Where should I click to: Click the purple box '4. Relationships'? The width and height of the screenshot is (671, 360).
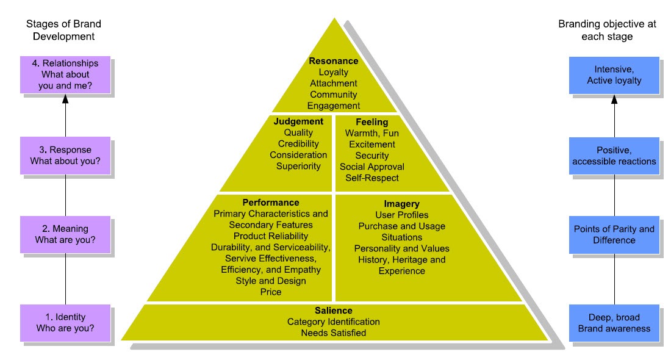coord(65,75)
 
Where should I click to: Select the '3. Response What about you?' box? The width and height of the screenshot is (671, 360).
coord(65,156)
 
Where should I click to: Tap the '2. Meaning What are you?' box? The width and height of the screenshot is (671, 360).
coord(65,235)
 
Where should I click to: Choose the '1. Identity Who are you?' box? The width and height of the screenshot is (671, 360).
coord(65,323)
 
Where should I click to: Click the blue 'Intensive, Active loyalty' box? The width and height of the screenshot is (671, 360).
coord(614,75)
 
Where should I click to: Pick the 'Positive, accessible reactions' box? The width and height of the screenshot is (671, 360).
coord(614,156)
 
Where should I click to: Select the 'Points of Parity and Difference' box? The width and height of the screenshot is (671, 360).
coord(614,235)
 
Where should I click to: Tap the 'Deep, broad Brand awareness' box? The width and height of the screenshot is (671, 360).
coord(614,323)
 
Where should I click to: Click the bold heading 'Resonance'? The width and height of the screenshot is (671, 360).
coord(334,61)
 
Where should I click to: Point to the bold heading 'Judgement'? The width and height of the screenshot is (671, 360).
coord(298,121)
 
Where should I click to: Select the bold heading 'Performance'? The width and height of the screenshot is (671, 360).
coord(271,203)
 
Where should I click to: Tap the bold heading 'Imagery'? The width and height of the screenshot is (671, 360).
coord(401,204)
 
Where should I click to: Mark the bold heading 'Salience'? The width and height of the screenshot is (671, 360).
coord(334,311)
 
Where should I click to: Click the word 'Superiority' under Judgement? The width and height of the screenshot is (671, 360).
coord(298,166)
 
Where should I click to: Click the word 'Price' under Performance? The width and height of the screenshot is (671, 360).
coord(271,292)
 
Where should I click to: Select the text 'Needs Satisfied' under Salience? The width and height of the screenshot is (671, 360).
coord(334,333)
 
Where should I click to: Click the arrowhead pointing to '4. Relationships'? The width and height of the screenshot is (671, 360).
coord(65,99)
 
